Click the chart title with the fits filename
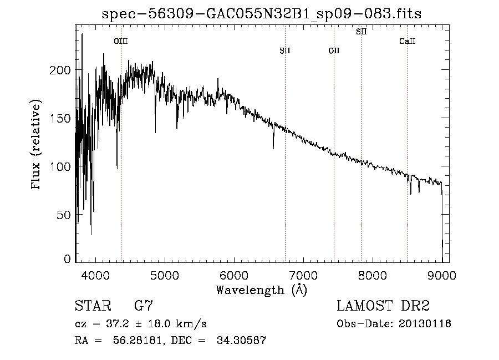pyautogui.click(x=262, y=14)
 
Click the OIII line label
pyautogui.click(x=120, y=41)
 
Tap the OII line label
pyautogui.click(x=334, y=51)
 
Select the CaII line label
pyautogui.click(x=408, y=41)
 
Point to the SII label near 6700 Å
pyautogui.click(x=285, y=51)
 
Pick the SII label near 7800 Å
pyautogui.click(x=361, y=32)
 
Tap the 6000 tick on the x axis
pyautogui.click(x=234, y=275)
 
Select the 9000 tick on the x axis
pyautogui.click(x=442, y=275)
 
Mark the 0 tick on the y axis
pyautogui.click(x=68, y=258)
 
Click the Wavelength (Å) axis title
pyautogui.click(x=261, y=290)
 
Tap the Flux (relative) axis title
pyautogui.click(x=37, y=145)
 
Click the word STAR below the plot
pyautogui.click(x=92, y=306)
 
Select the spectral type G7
pyautogui.click(x=144, y=306)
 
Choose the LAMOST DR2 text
pyautogui.click(x=383, y=306)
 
